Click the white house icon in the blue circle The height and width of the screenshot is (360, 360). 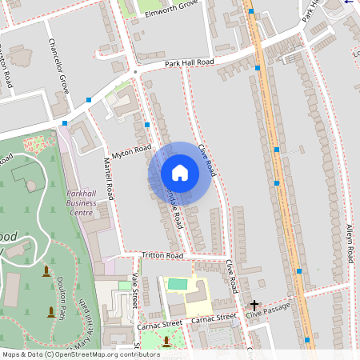180,172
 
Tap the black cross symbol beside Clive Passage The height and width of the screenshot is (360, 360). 254,305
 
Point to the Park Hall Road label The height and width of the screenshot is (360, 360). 190,62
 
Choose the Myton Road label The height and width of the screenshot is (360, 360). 132,150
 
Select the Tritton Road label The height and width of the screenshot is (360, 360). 162,255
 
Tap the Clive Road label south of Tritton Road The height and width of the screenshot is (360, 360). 230,275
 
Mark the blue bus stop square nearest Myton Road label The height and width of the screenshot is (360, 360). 148,126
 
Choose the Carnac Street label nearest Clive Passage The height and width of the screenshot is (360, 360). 214,318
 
